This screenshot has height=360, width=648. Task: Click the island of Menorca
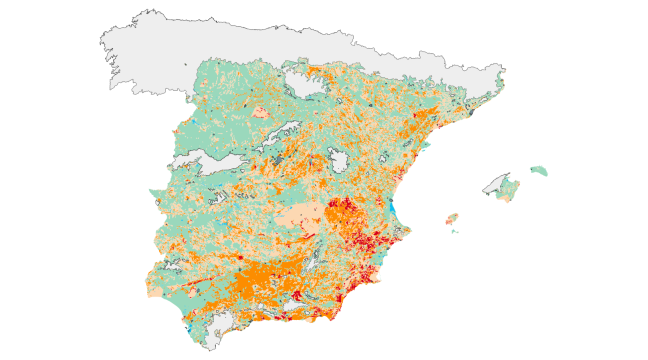[540, 171]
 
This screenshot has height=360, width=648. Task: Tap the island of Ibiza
[451, 218]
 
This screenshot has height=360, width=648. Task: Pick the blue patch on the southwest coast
[189, 329]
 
